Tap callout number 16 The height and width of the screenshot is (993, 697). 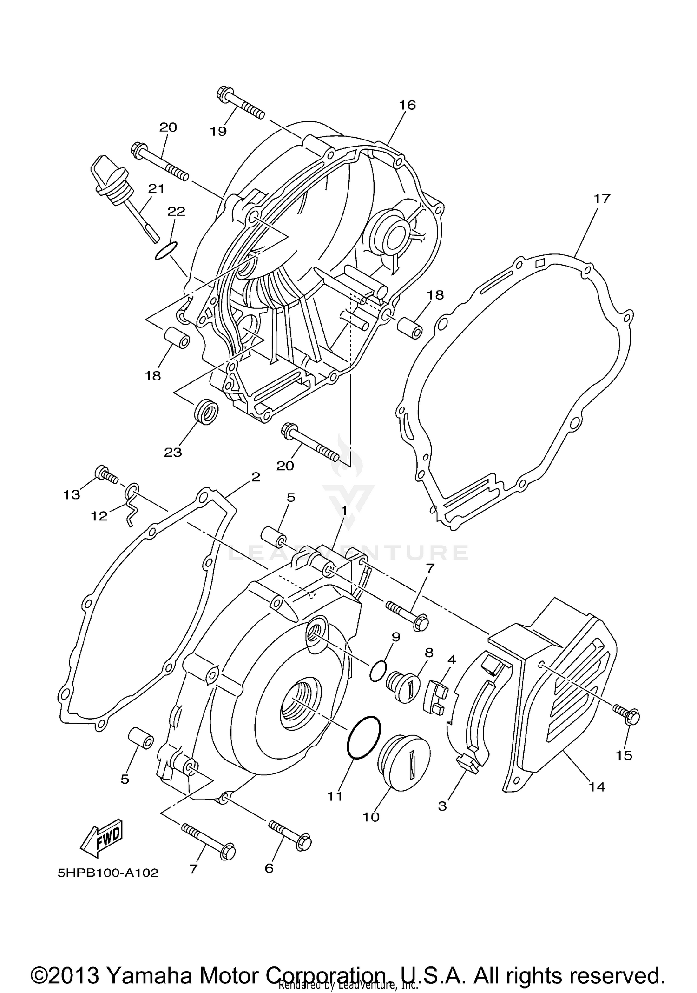coord(407,105)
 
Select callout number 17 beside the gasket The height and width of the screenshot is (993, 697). coord(601,199)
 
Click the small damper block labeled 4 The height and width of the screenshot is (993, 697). coord(435,697)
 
